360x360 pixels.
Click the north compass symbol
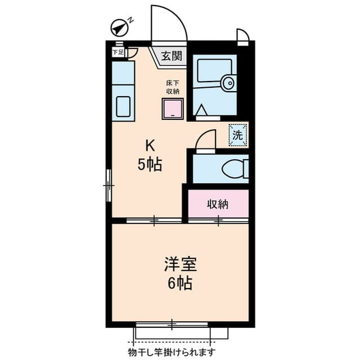119,27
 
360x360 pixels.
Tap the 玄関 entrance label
172,56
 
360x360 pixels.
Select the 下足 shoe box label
118,52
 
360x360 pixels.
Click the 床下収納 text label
172,87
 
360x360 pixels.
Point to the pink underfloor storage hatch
173,109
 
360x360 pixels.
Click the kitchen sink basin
123,105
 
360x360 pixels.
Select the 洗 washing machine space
238,135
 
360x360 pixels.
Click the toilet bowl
233,168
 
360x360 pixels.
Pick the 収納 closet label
217,204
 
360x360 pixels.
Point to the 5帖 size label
150,165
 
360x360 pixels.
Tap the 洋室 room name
179,264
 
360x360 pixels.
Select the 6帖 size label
179,283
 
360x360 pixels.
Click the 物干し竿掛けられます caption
172,353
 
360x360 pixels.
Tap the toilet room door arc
207,139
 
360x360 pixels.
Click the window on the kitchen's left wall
109,184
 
